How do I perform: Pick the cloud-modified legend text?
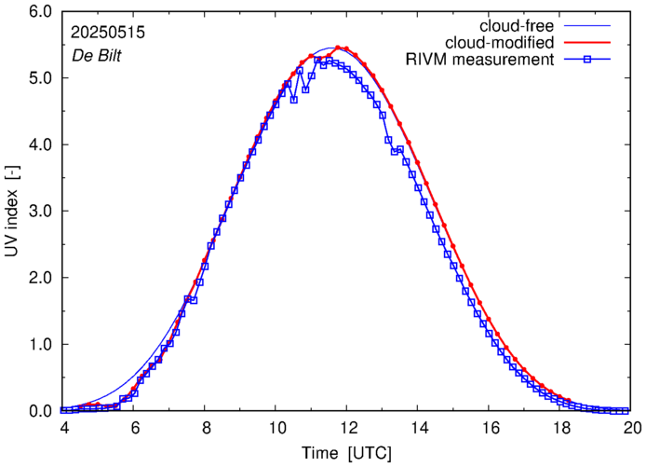(x=501, y=43)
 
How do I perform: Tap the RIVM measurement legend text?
(x=480, y=61)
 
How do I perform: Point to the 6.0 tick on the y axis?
(x=39, y=12)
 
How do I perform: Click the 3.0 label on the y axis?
(x=39, y=212)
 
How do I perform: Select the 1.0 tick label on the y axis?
(x=39, y=345)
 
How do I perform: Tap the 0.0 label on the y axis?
(x=39, y=411)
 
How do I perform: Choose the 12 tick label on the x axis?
(x=347, y=429)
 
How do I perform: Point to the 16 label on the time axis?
(x=490, y=429)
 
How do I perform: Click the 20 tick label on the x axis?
(x=632, y=429)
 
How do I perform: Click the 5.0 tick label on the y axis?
(x=39, y=78)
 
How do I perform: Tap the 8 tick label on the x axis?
(x=206, y=429)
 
